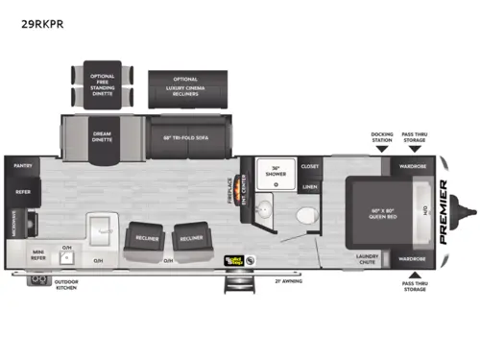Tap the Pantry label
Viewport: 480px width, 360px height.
(22, 165)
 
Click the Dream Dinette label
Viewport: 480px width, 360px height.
(103, 136)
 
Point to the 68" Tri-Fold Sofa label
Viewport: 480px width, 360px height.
(184, 136)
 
